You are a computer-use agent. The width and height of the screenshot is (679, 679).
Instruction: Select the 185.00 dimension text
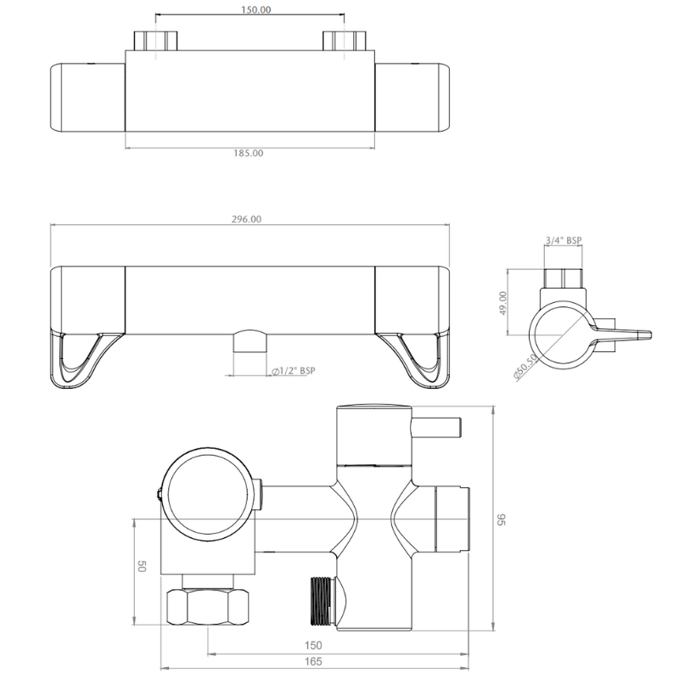point(249,154)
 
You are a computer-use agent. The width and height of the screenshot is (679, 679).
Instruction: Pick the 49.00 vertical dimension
point(502,302)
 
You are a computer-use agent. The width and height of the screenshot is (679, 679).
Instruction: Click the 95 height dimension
point(501,519)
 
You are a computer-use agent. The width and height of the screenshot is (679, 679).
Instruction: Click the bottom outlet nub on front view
point(249,342)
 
